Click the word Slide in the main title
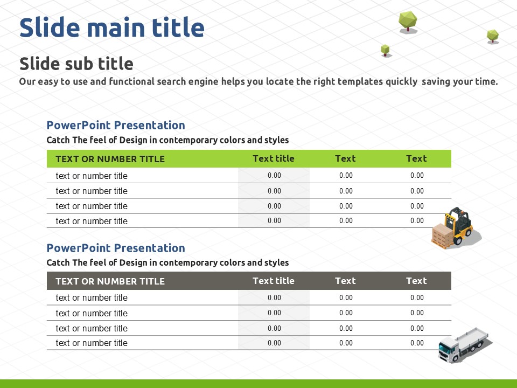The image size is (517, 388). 50,27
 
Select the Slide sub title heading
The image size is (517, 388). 76,64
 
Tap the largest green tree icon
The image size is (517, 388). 408,22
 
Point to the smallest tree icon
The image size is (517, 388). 385,51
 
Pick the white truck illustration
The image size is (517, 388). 464,345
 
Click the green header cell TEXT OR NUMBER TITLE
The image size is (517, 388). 110,159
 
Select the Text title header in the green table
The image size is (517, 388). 274,158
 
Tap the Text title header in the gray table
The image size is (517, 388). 274,281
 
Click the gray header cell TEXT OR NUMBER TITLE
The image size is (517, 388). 110,281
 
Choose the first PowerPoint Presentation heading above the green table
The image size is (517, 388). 116,125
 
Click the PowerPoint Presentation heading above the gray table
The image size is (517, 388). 116,248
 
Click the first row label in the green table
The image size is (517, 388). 92,176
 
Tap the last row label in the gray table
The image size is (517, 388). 92,343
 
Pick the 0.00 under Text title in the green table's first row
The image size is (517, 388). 274,176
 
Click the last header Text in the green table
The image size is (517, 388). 416,158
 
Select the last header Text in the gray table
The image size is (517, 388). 416,281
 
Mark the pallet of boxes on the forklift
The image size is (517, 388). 443,235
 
